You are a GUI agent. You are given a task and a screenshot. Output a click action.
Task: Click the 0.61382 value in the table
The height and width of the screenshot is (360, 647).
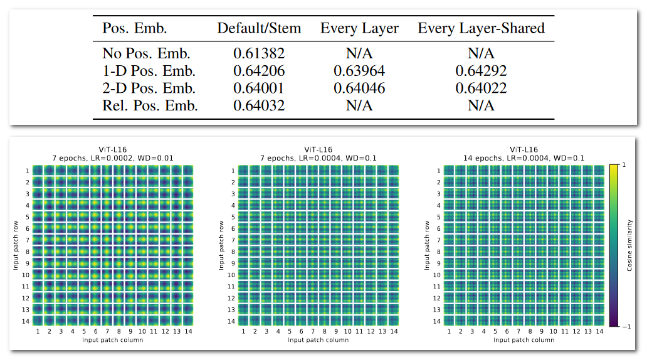coord(259,53)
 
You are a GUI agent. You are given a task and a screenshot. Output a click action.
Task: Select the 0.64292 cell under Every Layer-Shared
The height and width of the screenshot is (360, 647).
coord(481,71)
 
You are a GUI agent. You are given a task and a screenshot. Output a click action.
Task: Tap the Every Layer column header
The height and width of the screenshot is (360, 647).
coord(359,28)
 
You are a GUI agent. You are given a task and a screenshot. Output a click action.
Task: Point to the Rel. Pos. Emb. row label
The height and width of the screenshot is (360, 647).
coord(150,106)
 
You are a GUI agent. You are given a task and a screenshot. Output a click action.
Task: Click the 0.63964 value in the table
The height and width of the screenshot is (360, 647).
coord(359,71)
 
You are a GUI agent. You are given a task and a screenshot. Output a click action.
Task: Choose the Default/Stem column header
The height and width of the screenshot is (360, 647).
coord(259,28)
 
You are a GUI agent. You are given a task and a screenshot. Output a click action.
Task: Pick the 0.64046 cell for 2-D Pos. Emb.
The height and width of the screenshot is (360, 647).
coord(359,88)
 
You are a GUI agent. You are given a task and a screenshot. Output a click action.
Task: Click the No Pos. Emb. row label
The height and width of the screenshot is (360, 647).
coord(146,53)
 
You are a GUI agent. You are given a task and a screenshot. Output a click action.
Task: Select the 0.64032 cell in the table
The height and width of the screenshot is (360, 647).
coord(259,106)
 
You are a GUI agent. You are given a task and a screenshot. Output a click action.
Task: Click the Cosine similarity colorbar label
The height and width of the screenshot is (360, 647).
coord(629,245)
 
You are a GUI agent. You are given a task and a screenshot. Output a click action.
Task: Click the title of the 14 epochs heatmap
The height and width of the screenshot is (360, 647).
coord(524,154)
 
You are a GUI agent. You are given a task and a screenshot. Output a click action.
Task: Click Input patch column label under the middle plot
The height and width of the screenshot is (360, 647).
coord(318,340)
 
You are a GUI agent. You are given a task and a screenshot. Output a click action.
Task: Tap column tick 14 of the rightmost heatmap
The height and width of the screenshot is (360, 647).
coord(599,332)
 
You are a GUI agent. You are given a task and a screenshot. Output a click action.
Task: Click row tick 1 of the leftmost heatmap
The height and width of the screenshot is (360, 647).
coord(28,171)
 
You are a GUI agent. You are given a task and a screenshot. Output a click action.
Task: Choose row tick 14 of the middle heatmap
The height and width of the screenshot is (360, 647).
coord(232,321)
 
